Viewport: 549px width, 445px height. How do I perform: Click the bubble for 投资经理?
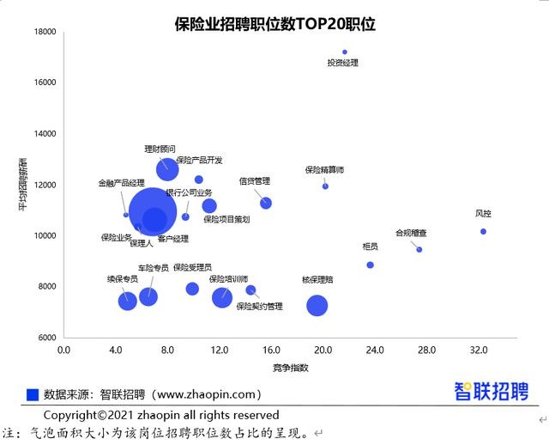(x=345, y=52)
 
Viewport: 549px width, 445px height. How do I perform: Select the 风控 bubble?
(x=483, y=231)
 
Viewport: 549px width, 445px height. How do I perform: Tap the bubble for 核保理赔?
(x=317, y=305)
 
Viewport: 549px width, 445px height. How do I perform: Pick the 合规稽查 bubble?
(x=419, y=249)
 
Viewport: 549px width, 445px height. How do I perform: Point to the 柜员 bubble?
(x=370, y=265)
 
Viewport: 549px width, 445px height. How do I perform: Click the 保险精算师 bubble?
(x=325, y=186)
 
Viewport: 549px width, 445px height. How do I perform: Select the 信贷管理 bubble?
(x=266, y=203)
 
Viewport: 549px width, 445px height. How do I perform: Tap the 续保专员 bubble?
(x=128, y=300)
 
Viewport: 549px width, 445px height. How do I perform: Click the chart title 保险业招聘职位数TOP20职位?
(x=274, y=24)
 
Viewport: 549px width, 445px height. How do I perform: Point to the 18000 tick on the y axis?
(x=45, y=32)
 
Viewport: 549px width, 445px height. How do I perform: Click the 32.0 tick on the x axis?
(x=478, y=351)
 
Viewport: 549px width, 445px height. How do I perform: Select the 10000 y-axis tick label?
(x=45, y=235)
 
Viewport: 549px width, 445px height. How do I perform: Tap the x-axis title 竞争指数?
(x=272, y=367)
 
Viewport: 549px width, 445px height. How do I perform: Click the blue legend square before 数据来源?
(x=33, y=394)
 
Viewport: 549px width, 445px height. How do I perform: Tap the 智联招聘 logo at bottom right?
(x=491, y=392)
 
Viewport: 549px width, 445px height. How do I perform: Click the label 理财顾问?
(x=160, y=149)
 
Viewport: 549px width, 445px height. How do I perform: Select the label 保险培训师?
(x=228, y=279)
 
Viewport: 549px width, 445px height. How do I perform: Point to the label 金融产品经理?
(x=121, y=183)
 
